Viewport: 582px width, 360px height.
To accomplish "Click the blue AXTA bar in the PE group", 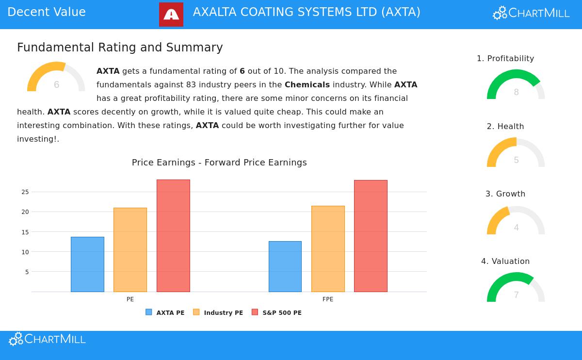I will [87, 264].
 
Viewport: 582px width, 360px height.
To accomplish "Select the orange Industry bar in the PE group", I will [130, 250].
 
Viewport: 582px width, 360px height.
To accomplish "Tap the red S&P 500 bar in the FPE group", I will [371, 236].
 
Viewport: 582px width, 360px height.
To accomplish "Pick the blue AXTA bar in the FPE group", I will [285, 266].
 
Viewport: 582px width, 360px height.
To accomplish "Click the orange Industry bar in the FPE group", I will [328, 249].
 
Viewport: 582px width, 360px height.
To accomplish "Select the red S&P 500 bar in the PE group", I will [173, 236].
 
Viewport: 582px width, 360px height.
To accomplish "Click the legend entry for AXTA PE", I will [165, 313].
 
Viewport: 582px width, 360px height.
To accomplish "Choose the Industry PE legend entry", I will [218, 313].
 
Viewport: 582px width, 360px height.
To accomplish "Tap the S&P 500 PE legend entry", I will [276, 313].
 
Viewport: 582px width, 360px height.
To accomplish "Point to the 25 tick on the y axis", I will [25, 192].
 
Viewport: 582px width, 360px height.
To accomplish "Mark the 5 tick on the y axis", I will [27, 272].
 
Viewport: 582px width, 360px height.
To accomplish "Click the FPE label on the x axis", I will [328, 299].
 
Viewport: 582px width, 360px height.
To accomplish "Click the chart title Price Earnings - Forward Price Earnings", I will [219, 163].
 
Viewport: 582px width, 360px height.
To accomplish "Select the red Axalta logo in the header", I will [171, 15].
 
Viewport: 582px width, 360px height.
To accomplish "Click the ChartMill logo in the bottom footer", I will [48, 339].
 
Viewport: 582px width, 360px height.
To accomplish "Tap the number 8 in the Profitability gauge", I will [516, 93].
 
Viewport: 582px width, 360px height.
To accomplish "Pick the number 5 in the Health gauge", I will [516, 161].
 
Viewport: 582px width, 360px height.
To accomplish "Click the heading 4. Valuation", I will [505, 262].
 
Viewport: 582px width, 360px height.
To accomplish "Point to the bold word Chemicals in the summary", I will [307, 85].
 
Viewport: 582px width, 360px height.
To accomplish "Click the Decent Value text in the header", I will [47, 13].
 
